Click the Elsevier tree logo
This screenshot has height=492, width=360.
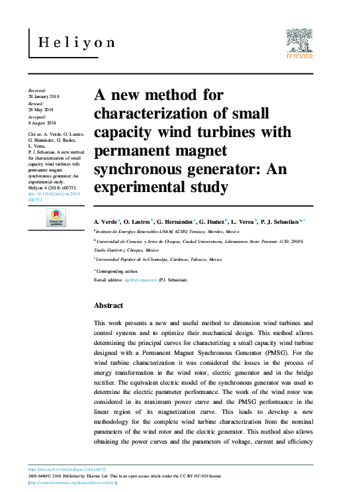298,41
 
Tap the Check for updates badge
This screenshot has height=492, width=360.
57,218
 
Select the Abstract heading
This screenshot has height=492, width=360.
109,305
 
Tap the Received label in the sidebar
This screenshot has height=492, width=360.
37,89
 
